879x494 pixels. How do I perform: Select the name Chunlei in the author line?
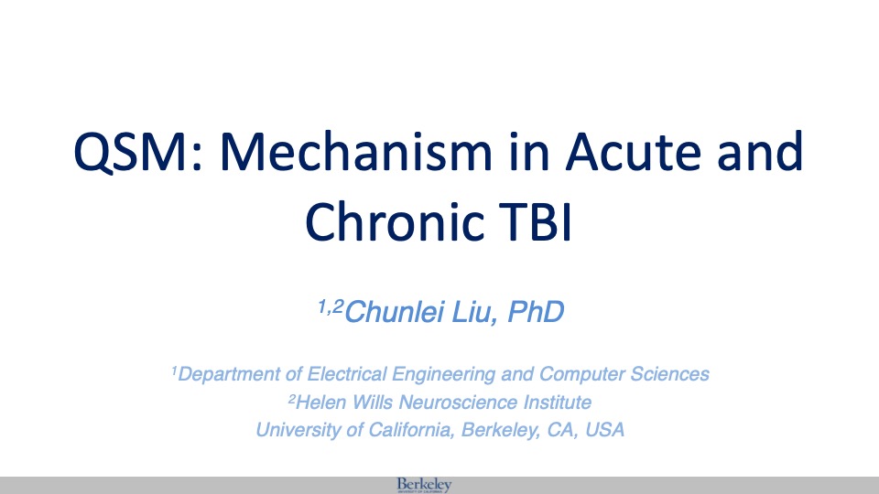click(395, 312)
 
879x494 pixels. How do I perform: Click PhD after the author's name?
click(536, 312)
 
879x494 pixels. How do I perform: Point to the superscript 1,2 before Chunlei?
click(331, 306)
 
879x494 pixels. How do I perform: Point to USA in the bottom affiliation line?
click(605, 430)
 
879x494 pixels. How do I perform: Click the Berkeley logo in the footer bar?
click(424, 485)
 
